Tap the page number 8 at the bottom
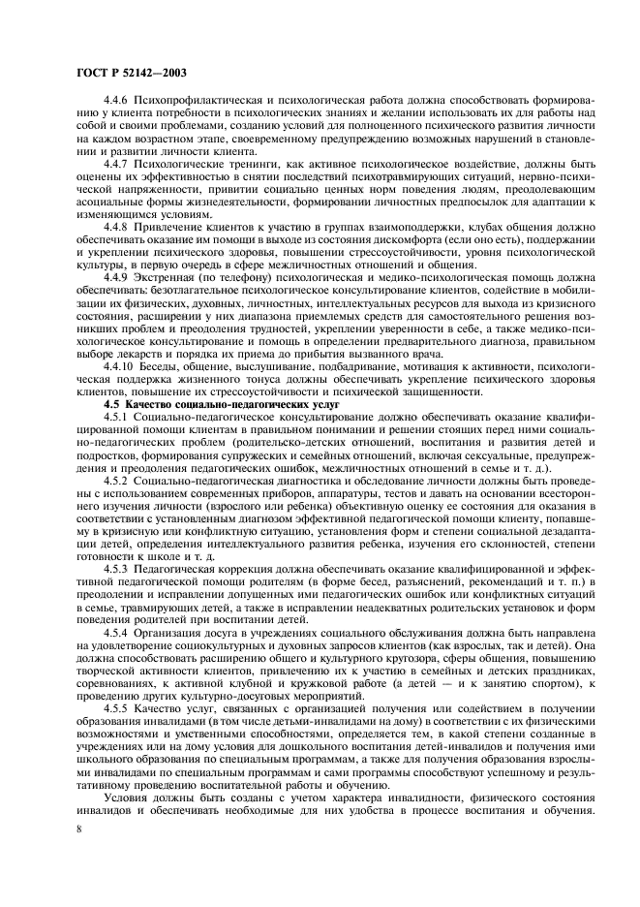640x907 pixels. click(80, 829)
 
